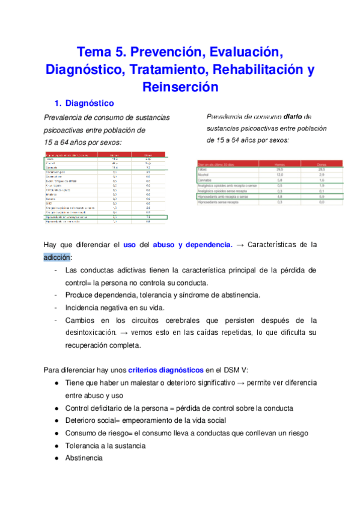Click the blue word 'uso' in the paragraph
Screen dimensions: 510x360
(x=129, y=245)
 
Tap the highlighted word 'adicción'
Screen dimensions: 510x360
(x=58, y=257)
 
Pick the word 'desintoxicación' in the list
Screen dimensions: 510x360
(x=94, y=332)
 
